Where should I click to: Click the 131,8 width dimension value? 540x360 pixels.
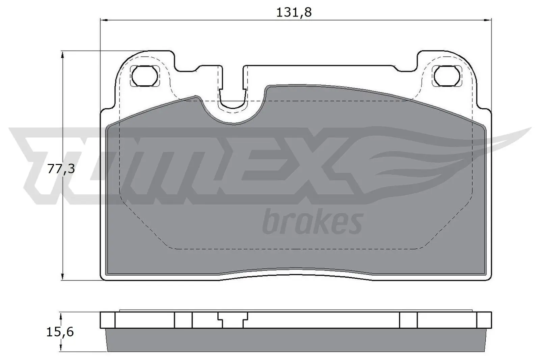tap(294, 12)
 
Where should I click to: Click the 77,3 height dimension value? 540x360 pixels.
tap(60, 169)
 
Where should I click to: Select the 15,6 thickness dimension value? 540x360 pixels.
tap(60, 332)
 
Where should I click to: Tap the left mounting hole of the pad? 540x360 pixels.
tap(144, 76)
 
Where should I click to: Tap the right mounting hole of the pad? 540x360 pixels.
tap(447, 76)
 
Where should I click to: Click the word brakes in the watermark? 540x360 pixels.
tap(312, 223)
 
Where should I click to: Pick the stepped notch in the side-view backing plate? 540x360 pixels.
tap(233, 319)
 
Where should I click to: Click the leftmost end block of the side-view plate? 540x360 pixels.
tap(108, 320)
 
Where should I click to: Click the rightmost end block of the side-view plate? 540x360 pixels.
tap(484, 320)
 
